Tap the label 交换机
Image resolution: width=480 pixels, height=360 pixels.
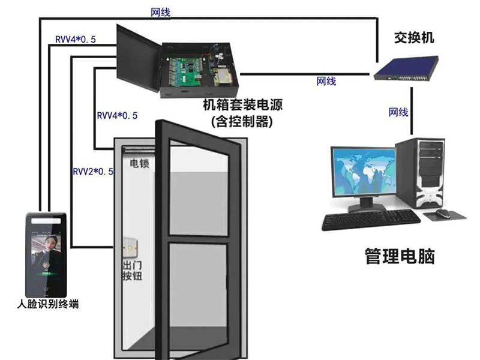tap(413, 38)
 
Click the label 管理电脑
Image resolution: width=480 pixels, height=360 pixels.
tap(400, 257)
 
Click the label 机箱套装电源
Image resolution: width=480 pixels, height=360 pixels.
tap(242, 106)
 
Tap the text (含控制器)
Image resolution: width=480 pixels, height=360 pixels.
tap(242, 121)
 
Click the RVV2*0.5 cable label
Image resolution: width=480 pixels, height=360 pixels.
tap(93, 172)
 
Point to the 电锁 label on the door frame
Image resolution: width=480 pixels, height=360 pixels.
tap(139, 163)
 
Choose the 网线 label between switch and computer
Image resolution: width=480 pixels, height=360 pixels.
tap(398, 112)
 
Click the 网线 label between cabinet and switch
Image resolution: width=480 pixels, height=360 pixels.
tap(326, 82)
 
